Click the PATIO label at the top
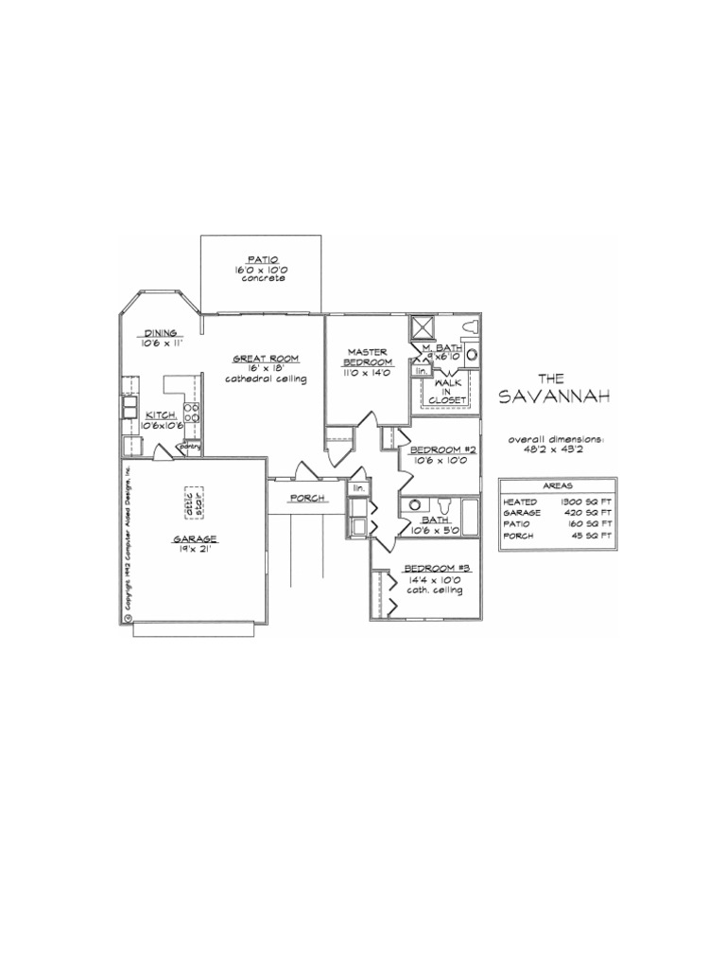click(x=261, y=258)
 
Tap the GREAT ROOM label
click(x=266, y=358)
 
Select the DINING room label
click(x=160, y=332)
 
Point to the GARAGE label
click(x=195, y=538)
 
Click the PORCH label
click(x=307, y=498)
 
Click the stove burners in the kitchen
click(x=191, y=412)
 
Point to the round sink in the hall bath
click(x=414, y=505)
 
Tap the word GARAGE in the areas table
click(x=523, y=512)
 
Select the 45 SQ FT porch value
click(x=591, y=536)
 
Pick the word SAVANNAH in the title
click(x=556, y=395)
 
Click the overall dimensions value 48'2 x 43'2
click(x=557, y=449)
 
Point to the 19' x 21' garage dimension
click(x=195, y=549)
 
